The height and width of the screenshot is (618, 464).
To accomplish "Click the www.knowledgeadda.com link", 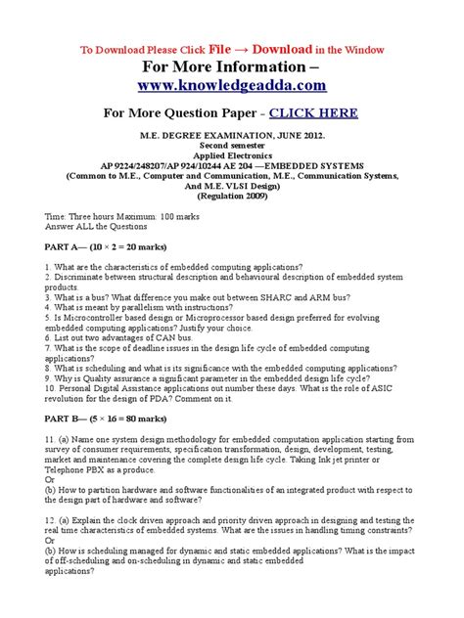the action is (x=232, y=86).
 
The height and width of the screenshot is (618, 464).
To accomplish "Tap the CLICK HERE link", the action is (x=310, y=112).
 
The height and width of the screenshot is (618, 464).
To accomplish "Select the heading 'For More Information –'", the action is (x=231, y=67).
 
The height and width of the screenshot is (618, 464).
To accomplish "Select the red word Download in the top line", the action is (x=285, y=49).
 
